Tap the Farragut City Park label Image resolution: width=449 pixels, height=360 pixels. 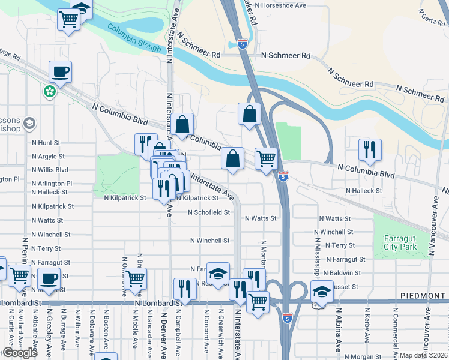coord(400,242)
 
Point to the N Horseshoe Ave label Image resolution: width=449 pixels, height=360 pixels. coord(280,5)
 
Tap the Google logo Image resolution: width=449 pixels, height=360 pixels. coord(20,353)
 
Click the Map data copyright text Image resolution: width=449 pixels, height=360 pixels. coord(424,355)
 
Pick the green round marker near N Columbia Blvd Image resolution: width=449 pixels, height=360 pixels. coord(49,92)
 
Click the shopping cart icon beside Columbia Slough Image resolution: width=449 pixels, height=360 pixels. coord(69,19)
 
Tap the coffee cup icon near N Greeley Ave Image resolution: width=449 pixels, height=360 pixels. coord(48,279)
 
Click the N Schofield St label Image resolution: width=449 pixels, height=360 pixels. coord(209,212)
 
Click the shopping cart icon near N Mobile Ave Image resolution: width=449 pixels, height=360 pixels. coord(136,278)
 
